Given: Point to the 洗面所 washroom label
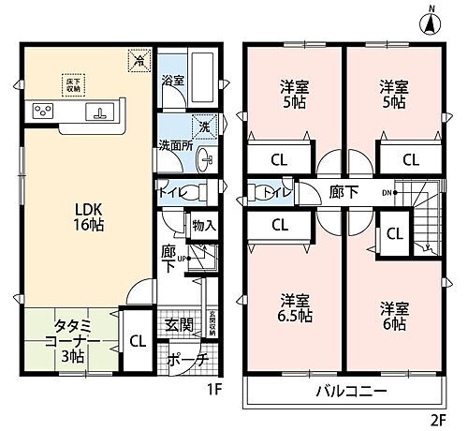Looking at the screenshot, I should pyautogui.click(x=174, y=145).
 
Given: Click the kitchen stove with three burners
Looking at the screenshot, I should pyautogui.click(x=44, y=111).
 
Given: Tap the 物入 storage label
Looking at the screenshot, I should pyautogui.click(x=203, y=226).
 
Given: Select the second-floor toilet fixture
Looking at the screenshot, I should pyautogui.click(x=259, y=194).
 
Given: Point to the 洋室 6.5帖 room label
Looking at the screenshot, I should pyautogui.click(x=292, y=312).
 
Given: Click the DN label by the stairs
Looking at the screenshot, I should pyautogui.click(x=385, y=193).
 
